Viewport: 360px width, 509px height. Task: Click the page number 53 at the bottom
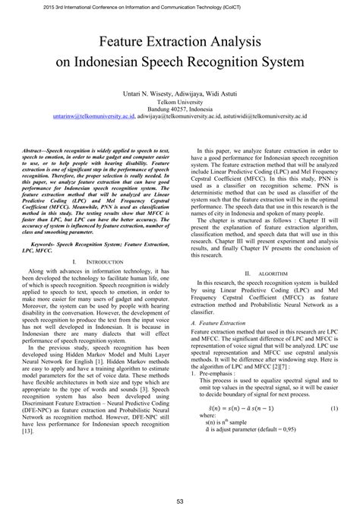(180, 499)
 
